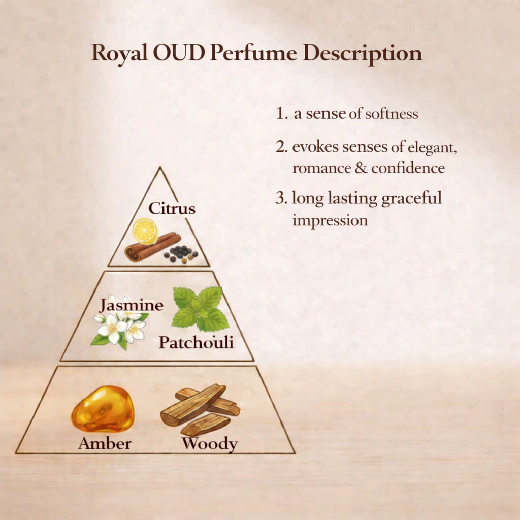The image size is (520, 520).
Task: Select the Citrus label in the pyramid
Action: click(x=172, y=208)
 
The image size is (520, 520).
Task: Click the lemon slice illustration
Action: click(x=145, y=231)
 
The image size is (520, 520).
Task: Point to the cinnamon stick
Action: click(x=152, y=247)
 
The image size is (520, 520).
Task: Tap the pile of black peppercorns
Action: click(x=181, y=253)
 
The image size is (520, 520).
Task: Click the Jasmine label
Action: click(x=132, y=305)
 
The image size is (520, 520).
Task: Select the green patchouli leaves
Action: click(x=200, y=309)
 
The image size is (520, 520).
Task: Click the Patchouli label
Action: click(x=196, y=342)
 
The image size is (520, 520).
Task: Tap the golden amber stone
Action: click(x=103, y=409)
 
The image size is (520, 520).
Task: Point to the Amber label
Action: click(x=105, y=443)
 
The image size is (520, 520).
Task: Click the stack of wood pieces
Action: click(x=200, y=410)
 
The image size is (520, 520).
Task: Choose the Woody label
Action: click(x=209, y=444)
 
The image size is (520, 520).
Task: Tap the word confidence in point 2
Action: click(x=408, y=168)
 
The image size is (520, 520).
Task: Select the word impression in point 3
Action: click(x=330, y=221)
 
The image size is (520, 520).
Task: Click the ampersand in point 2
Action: click(x=362, y=168)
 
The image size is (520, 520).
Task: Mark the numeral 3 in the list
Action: click(x=279, y=198)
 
